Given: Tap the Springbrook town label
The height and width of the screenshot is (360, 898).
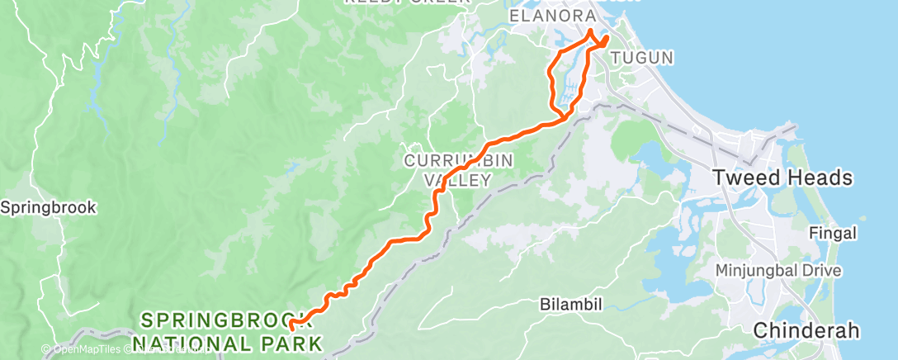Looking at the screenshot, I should pos(49,206).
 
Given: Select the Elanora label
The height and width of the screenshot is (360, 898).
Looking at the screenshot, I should pos(552,17).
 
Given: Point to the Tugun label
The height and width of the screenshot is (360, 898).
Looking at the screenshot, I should pos(643,58).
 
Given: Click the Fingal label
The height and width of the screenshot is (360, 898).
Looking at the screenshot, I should pos(833,233).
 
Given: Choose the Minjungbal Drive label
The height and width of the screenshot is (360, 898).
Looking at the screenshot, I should pos(778,270).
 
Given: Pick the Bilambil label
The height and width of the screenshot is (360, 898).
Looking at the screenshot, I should pos(571,303).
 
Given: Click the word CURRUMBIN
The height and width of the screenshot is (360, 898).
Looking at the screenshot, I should pos(447,159).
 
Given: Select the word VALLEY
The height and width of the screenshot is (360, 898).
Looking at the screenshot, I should pos(458,179).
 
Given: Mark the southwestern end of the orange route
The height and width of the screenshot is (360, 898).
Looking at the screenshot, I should pos(292,329).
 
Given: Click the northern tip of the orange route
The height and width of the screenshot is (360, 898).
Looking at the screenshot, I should pos(591,31).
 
